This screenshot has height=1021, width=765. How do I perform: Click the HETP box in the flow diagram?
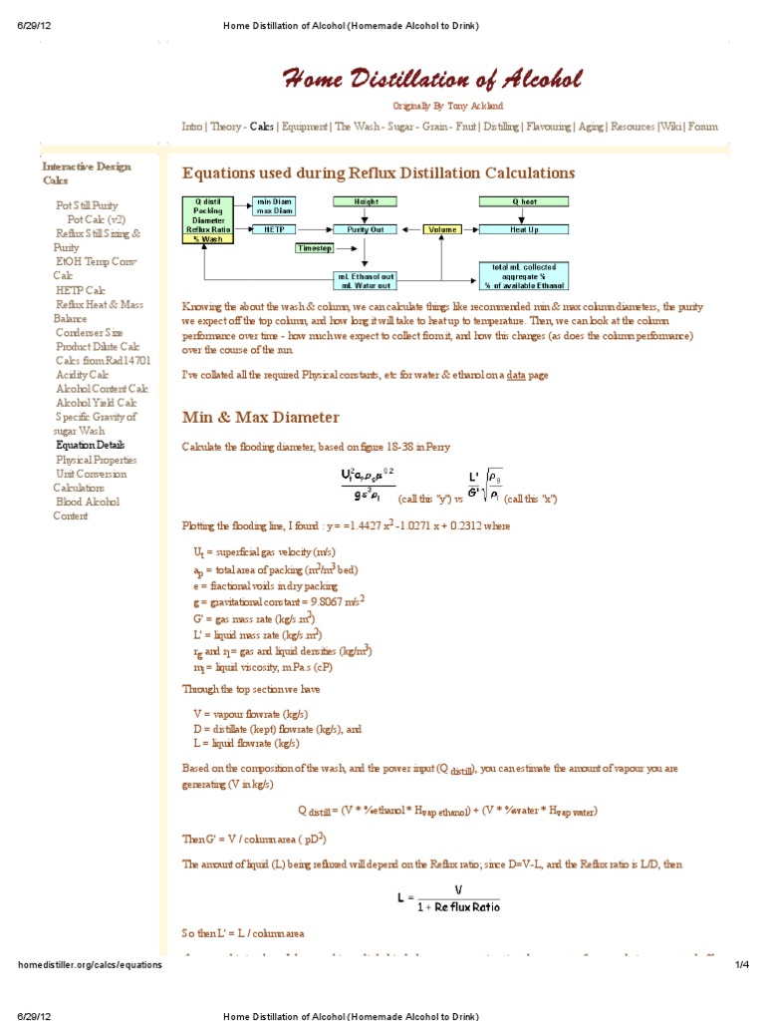tap(274, 229)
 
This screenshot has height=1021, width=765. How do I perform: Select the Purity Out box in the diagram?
tap(365, 229)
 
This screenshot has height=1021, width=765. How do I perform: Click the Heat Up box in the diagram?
tap(524, 229)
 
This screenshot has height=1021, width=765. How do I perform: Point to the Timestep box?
tap(315, 247)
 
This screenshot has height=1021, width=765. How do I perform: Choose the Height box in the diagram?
tap(365, 201)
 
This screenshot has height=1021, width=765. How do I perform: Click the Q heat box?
tap(524, 201)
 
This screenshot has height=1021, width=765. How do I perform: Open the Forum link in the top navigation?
tap(702, 127)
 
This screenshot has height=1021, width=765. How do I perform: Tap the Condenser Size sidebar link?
tap(90, 333)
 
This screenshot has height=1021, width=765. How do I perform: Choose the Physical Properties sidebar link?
tap(97, 460)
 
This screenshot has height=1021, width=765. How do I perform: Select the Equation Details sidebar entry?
tap(91, 446)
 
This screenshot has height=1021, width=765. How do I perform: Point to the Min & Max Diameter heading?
tap(260, 417)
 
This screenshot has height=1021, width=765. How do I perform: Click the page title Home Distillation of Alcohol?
tap(433, 80)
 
